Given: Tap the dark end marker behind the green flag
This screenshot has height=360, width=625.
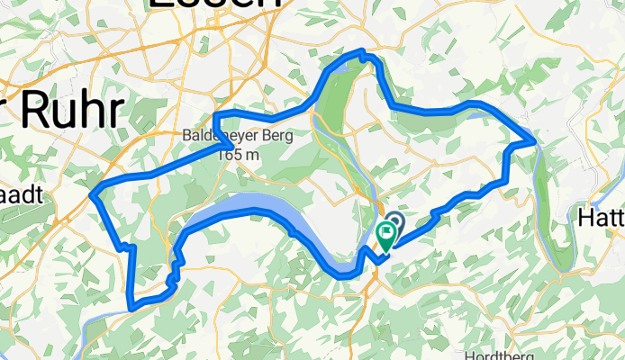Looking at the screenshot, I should coord(394,221).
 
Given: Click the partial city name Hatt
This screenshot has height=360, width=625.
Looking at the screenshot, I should coord(600,218).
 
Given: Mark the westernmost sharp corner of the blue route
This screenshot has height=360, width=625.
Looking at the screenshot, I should coord(95,190).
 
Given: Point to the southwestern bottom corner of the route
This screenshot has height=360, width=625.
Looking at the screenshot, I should coord(132,306).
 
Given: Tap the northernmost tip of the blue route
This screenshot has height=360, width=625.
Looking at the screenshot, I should coord(362,52).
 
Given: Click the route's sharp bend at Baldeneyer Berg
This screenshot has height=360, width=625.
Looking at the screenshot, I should coord(233,145).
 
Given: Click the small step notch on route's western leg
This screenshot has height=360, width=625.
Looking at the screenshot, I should coord(126,246).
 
